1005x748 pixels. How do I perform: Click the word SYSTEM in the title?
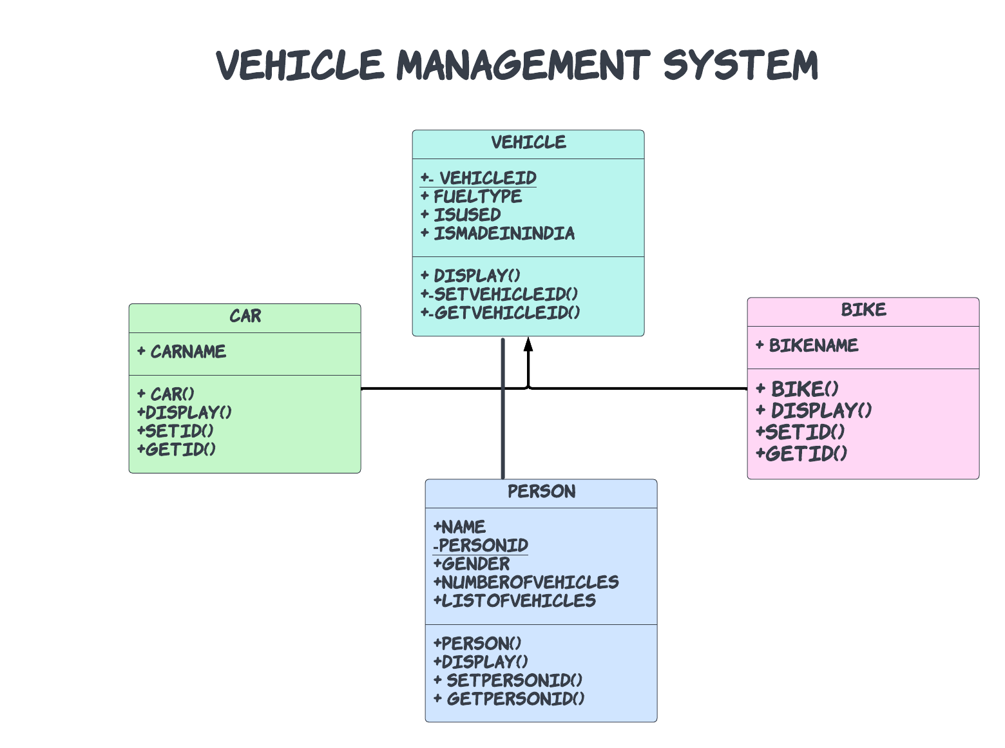point(740,65)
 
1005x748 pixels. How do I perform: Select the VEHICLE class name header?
point(528,142)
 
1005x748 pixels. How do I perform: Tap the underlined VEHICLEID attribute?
point(487,178)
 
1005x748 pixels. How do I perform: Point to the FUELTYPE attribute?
point(477,197)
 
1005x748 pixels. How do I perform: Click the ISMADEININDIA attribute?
point(503,233)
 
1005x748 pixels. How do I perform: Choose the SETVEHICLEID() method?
point(505,294)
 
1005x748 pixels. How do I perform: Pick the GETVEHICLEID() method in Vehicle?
point(506,313)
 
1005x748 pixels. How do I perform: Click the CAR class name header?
point(245,316)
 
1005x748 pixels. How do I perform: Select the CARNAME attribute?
point(187,352)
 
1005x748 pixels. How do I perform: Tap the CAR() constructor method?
point(171,394)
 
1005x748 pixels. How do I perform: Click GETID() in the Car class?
point(180,450)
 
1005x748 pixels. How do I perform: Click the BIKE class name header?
point(863,310)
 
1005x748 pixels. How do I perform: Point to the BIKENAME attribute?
point(813,346)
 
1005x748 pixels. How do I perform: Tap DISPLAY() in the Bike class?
point(821,410)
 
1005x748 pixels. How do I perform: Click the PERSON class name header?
point(541,492)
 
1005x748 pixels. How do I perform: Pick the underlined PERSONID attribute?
point(483,546)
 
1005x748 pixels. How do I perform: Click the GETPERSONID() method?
point(515,699)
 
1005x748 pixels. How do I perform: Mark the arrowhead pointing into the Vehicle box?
point(528,343)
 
